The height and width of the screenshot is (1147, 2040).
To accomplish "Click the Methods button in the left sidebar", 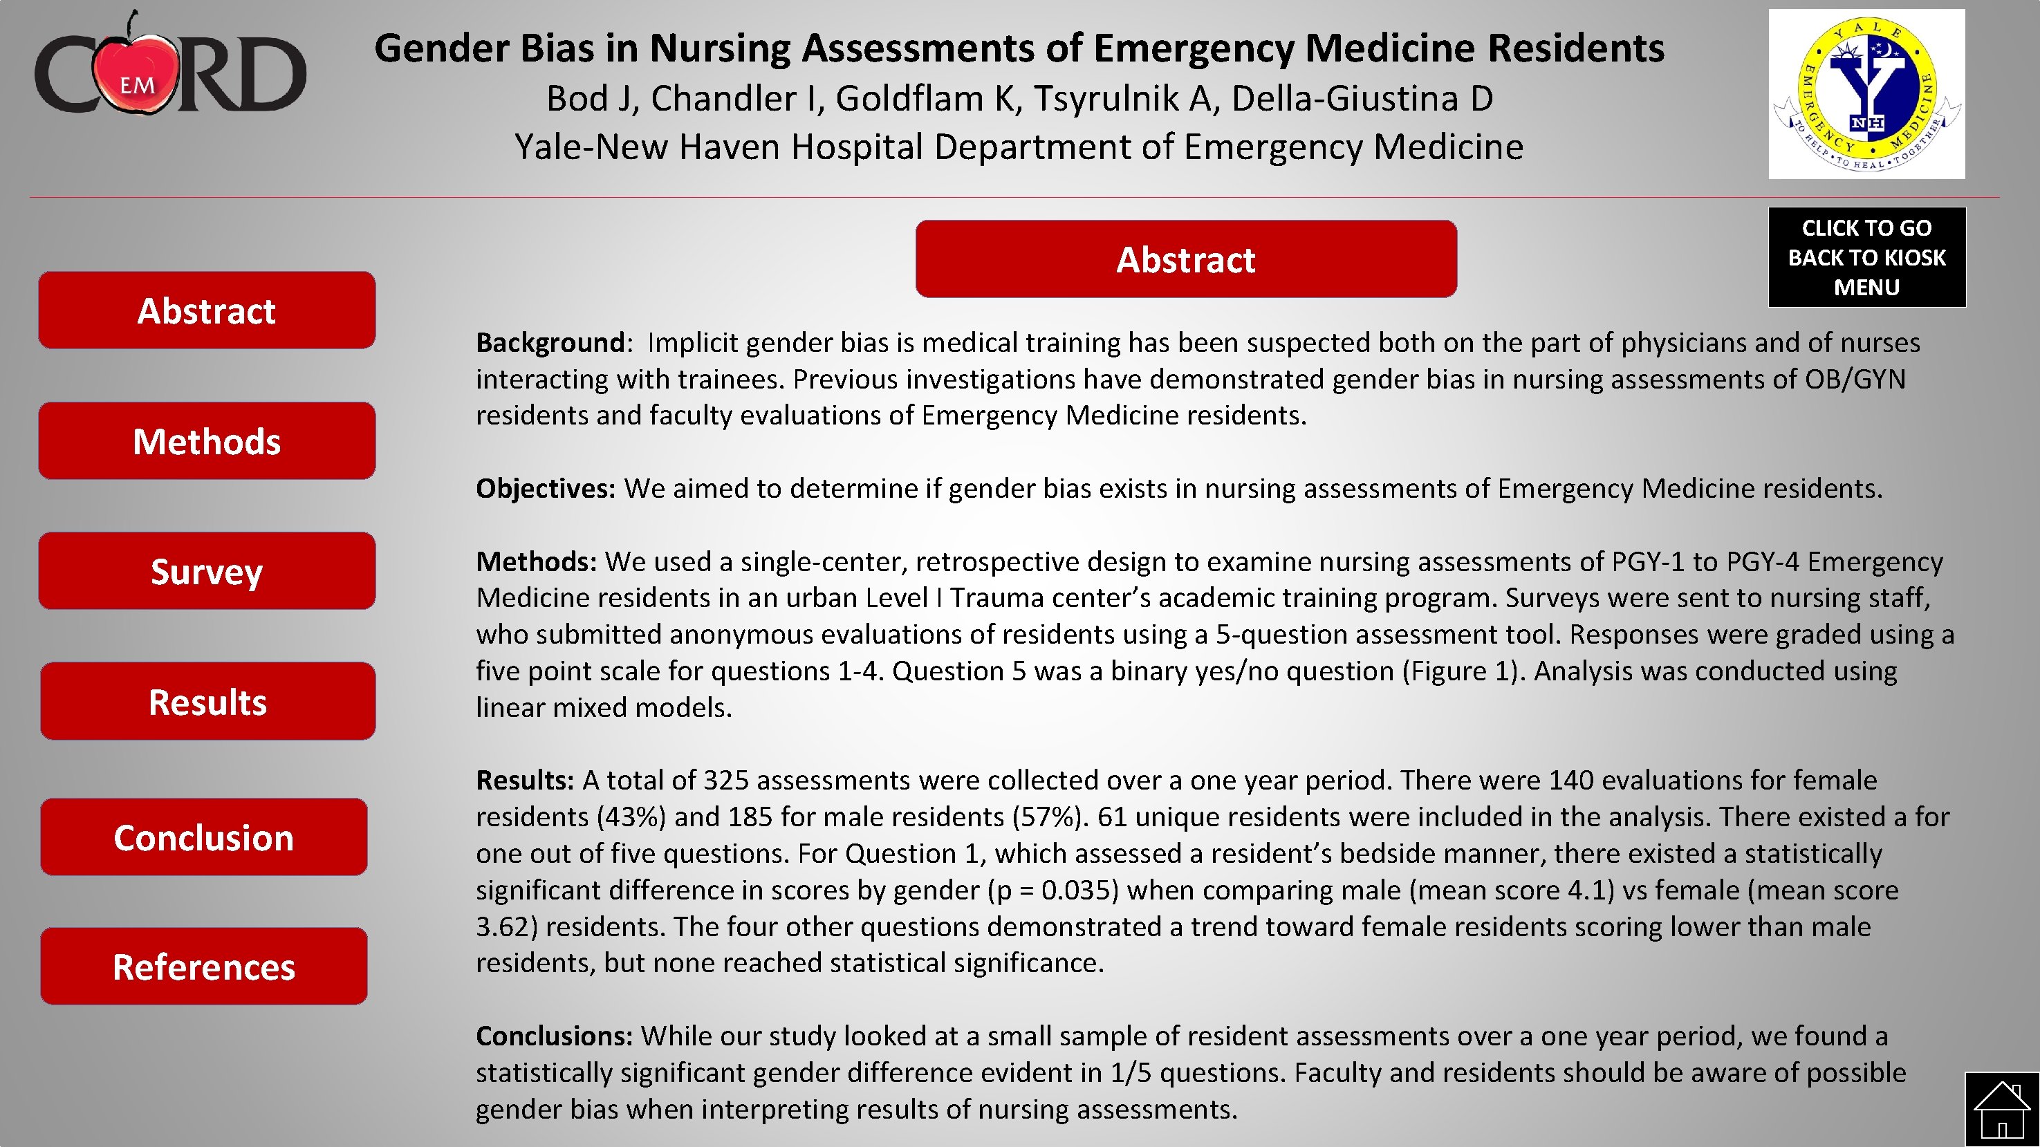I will (207, 441).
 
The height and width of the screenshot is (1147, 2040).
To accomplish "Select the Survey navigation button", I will (207, 570).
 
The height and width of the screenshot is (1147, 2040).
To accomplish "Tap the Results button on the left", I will (207, 701).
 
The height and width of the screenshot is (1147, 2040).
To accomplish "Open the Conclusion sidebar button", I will (203, 837).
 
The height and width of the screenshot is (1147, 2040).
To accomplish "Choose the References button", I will (203, 967).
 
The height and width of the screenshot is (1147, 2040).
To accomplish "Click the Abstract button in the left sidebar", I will (207, 310).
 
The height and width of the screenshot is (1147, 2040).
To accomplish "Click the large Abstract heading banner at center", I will (1185, 260).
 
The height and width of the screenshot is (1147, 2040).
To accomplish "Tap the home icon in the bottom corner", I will (2001, 1110).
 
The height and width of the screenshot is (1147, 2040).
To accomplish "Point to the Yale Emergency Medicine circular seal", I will (1866, 93).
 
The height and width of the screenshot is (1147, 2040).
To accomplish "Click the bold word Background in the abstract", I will (550, 343).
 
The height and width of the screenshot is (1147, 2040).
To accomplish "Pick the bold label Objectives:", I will (545, 488).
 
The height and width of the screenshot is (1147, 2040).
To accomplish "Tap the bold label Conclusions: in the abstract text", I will (553, 1036).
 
